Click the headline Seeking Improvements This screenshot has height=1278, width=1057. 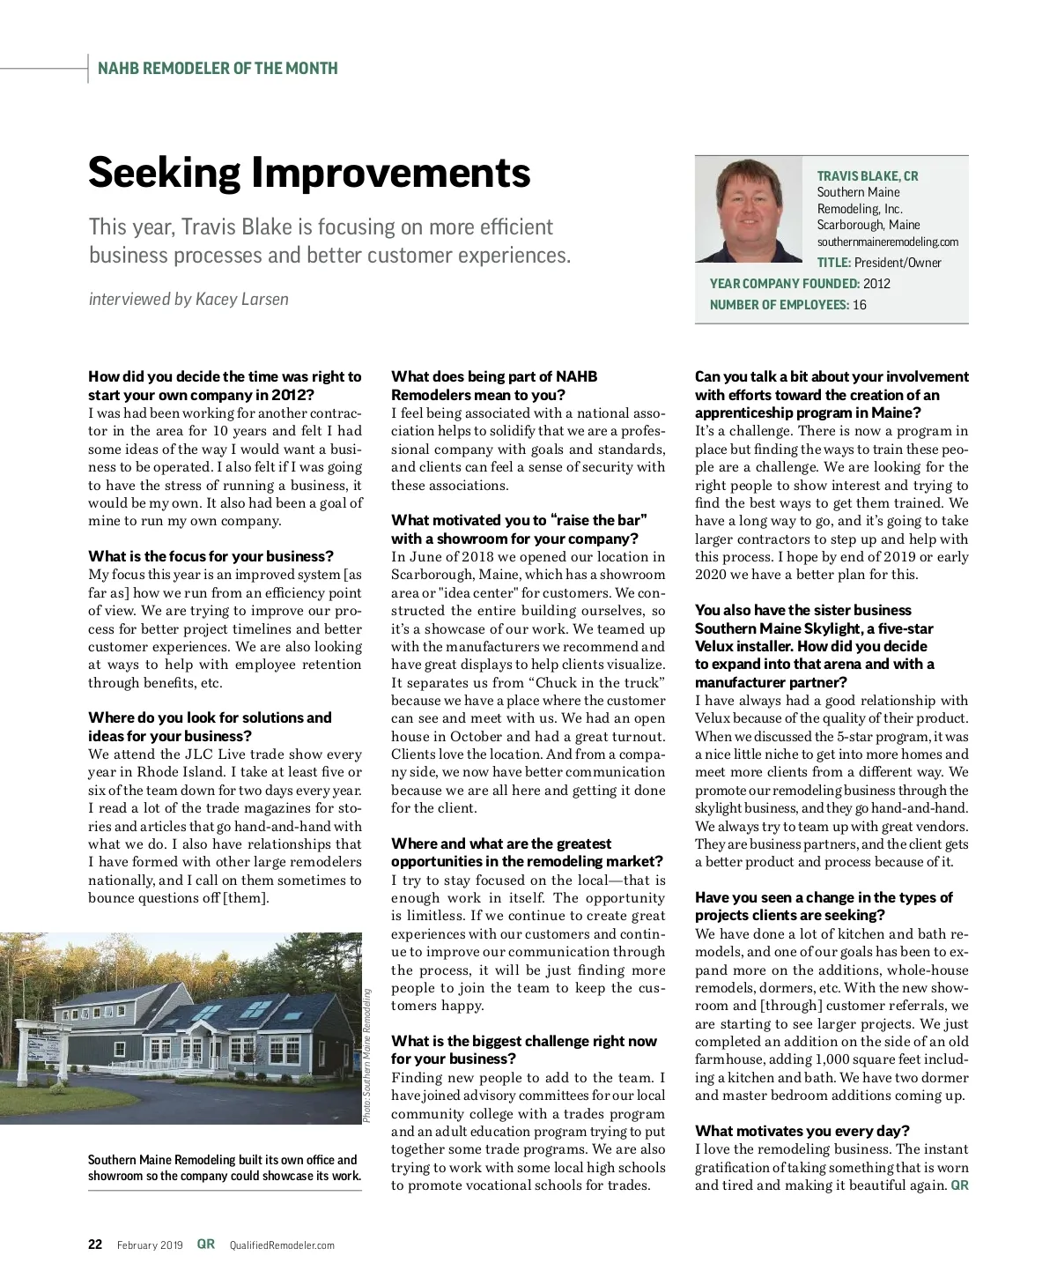click(x=309, y=173)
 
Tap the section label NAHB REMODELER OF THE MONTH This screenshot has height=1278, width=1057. click(x=218, y=69)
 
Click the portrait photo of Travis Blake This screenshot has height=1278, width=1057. click(x=749, y=210)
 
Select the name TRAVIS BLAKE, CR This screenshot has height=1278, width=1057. click(x=867, y=176)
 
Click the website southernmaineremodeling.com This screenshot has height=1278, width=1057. click(x=887, y=241)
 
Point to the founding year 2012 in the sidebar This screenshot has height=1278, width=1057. click(x=876, y=284)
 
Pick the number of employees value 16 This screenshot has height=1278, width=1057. click(x=859, y=305)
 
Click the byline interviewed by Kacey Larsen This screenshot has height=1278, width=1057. click(x=188, y=300)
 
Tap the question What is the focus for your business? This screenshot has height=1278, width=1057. click(x=211, y=556)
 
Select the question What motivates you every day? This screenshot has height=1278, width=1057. click(x=802, y=1131)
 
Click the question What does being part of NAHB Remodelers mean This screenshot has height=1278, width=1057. click(x=494, y=385)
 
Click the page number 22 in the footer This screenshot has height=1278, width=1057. click(x=95, y=1245)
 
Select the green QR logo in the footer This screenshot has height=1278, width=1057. click(x=205, y=1245)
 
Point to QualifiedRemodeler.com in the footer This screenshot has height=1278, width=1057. click(x=282, y=1245)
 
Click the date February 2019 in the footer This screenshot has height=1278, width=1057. click(x=150, y=1245)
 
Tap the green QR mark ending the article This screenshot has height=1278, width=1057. click(x=959, y=1185)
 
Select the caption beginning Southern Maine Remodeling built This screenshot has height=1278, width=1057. click(x=224, y=1168)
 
